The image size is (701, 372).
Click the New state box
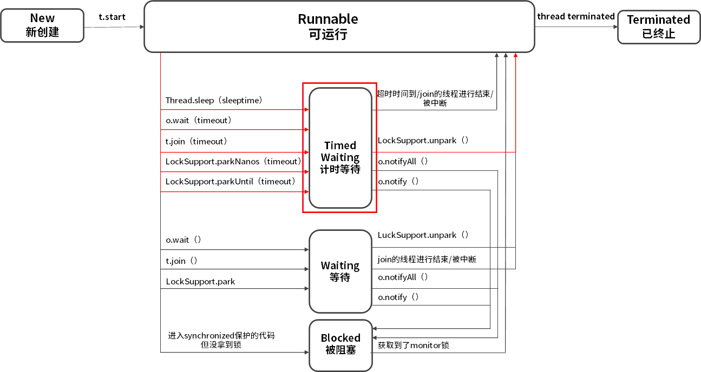(42, 25)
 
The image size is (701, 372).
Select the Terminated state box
(658, 26)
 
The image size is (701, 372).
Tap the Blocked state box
(340, 344)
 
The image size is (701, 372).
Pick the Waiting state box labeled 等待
(340, 271)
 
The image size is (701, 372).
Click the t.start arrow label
(112, 17)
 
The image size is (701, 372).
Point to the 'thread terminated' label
(575, 16)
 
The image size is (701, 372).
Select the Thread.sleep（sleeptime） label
(214, 101)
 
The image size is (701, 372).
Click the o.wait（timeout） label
(199, 121)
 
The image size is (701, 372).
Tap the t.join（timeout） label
(196, 141)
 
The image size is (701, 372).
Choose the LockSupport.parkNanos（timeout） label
(233, 161)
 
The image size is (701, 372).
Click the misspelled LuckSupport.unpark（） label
(423, 235)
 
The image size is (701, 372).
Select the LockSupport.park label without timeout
(200, 282)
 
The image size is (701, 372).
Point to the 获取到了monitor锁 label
(414, 345)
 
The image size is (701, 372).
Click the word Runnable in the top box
(328, 19)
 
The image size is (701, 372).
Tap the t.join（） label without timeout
(181, 261)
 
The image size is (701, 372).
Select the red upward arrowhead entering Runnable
(515, 56)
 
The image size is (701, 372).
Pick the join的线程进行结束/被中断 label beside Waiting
(427, 260)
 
